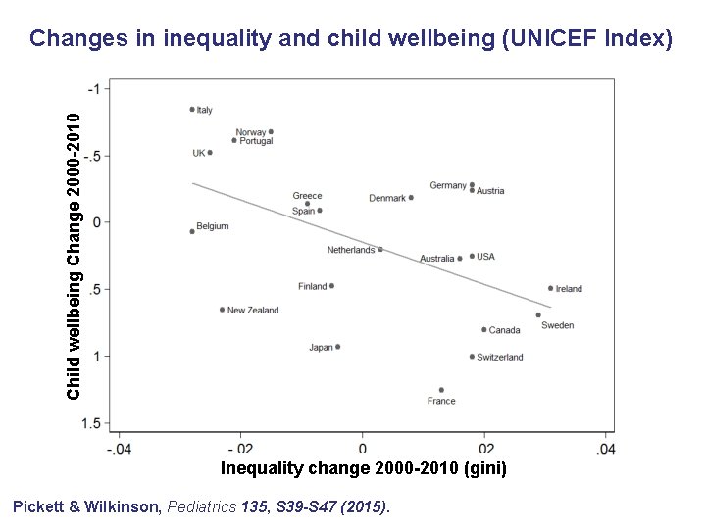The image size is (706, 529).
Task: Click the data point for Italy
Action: point(192,110)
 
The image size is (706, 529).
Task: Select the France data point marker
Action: point(441,390)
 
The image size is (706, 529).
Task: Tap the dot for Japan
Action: point(338,347)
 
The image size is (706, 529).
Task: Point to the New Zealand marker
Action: point(223,310)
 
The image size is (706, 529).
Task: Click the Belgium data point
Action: point(192,231)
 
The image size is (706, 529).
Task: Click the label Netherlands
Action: point(350,250)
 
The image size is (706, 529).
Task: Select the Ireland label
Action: point(569,289)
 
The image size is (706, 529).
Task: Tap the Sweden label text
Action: point(557,325)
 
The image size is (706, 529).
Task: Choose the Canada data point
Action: point(483,330)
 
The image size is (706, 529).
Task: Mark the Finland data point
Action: point(332,286)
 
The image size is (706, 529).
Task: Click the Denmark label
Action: point(386,199)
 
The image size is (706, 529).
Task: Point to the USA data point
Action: point(472,256)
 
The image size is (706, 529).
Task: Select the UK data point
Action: point(210,153)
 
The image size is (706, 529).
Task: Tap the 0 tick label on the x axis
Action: point(363,449)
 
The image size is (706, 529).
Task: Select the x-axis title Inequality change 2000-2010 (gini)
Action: point(364,468)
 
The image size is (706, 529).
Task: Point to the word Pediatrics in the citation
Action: point(204,507)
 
